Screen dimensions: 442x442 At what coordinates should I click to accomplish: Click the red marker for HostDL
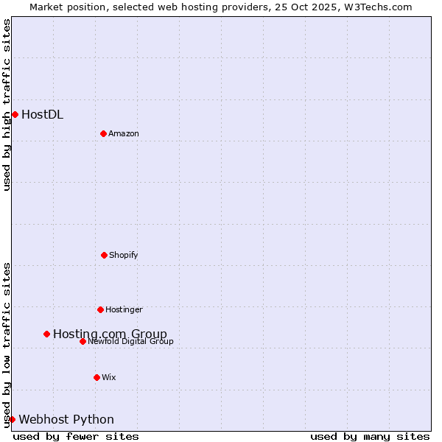[x=15, y=114]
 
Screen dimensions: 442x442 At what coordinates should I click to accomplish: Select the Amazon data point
[x=103, y=133]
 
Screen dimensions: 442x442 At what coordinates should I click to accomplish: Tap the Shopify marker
[x=104, y=255]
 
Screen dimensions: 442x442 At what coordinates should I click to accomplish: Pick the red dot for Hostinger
[x=100, y=309]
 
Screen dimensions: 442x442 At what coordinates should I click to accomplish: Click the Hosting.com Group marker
[x=46, y=334]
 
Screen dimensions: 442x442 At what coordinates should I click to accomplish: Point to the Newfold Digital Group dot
[x=83, y=341]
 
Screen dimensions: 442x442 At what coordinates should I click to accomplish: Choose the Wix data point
[x=97, y=377]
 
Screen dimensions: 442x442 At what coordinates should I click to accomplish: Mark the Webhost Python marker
[x=12, y=419]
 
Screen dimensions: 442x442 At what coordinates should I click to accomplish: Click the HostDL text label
[x=42, y=114]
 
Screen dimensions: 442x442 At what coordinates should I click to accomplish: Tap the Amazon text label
[x=124, y=133]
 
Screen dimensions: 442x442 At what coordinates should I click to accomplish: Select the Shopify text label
[x=124, y=255]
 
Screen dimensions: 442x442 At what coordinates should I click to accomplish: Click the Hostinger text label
[x=124, y=309]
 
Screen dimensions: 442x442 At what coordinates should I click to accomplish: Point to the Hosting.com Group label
[x=110, y=334]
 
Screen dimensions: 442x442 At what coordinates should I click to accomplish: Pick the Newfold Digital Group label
[x=130, y=341]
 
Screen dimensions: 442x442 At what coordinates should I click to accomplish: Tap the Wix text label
[x=109, y=377]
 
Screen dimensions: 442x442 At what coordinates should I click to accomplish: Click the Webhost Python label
[x=66, y=419]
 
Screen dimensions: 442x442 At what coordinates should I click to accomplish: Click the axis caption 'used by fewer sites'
[x=76, y=436]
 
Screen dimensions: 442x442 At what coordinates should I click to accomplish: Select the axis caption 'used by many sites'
[x=370, y=436]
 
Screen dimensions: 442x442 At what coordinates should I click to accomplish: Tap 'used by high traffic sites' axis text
[x=7, y=105]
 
